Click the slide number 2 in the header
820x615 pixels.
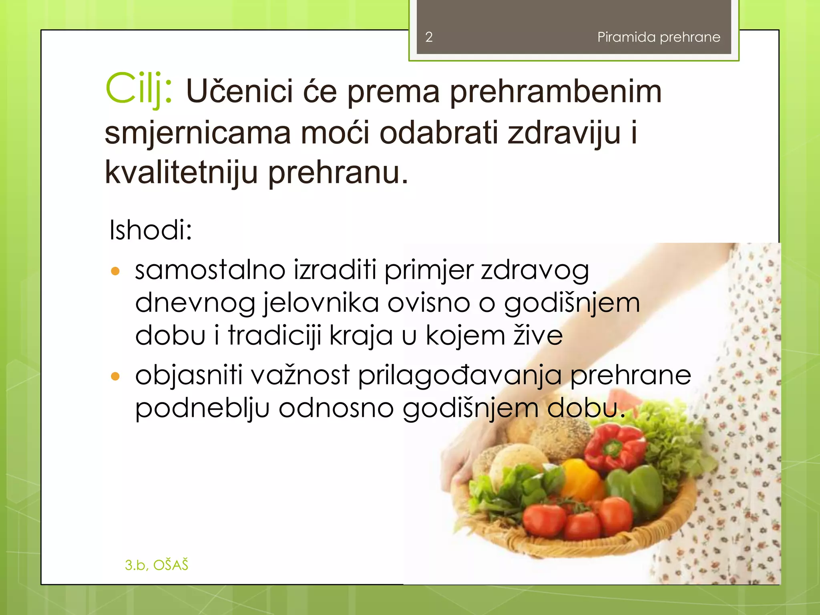[429, 37]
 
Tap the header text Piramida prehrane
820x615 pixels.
[659, 37]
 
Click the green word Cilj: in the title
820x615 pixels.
[139, 89]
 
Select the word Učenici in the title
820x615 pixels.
[239, 91]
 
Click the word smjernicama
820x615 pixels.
[197, 133]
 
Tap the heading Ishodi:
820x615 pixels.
[151, 230]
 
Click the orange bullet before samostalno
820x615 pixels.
[115, 271]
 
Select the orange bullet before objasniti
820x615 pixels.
[115, 376]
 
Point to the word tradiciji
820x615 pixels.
[275, 336]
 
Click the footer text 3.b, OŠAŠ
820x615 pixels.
[156, 565]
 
